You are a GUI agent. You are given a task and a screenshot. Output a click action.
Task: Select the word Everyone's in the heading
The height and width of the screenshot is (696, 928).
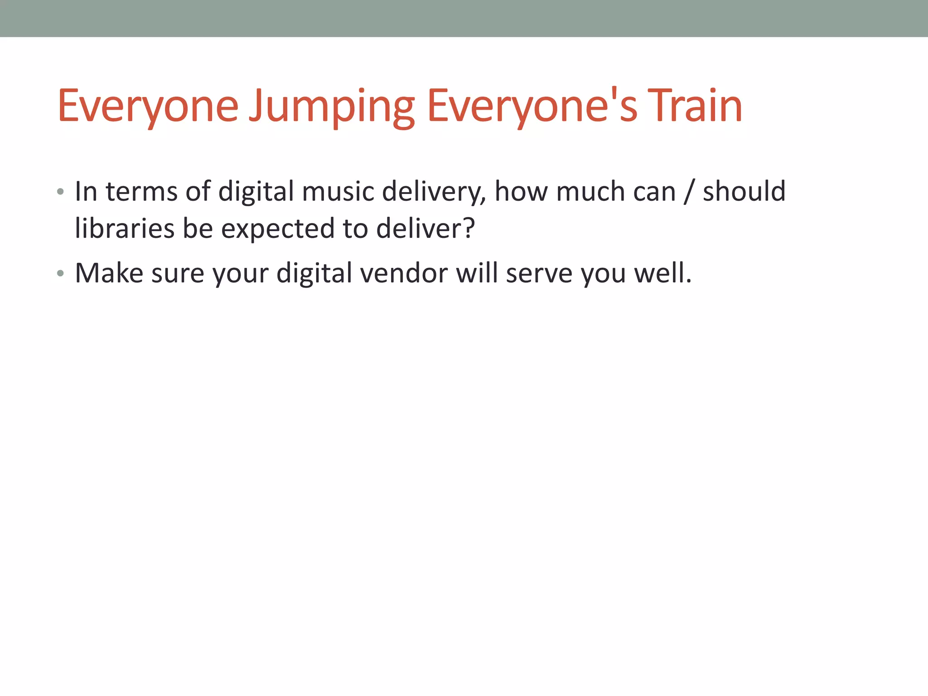coord(532,107)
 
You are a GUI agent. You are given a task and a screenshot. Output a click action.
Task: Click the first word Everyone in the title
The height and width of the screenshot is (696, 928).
coord(148,107)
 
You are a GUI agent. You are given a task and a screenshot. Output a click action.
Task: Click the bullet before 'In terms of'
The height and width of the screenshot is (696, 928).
coord(60,192)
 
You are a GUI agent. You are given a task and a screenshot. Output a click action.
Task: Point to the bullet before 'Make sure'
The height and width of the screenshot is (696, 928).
coord(60,273)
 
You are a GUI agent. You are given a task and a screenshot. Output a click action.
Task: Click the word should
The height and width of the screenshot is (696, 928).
coord(744,191)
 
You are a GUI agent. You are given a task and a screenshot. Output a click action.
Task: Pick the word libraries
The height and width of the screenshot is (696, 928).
coord(125,228)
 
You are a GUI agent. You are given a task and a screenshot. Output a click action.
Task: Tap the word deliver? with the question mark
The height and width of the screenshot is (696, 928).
coord(425,228)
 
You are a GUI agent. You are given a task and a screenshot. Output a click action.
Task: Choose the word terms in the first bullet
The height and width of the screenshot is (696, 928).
coord(141,192)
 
